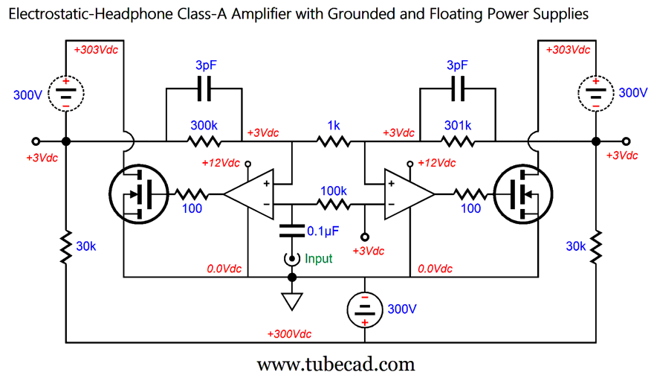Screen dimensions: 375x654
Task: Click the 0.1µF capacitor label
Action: point(323,231)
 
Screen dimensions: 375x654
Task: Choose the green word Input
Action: point(320,259)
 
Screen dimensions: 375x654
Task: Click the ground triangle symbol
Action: point(291,302)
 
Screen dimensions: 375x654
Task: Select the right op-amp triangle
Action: point(408,194)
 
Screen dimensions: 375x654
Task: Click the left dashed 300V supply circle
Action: point(66,94)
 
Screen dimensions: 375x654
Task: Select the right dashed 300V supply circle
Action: point(595,94)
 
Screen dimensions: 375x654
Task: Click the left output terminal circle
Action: point(35,141)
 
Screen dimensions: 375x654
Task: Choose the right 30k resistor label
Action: point(576,246)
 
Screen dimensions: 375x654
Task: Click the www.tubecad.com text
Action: point(335,364)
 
